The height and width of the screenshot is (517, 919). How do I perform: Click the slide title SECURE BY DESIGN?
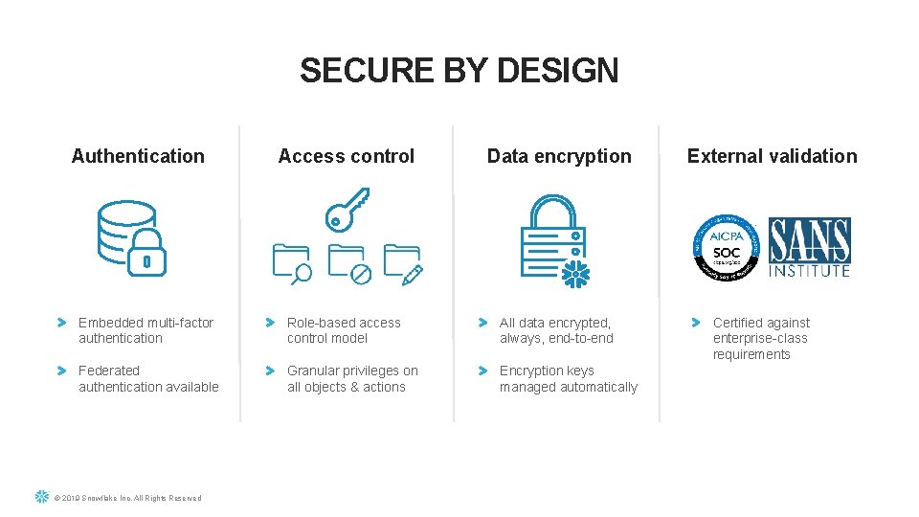[x=459, y=71]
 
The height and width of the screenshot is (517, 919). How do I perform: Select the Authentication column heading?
[x=138, y=156]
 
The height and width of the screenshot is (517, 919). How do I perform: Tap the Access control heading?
[x=346, y=156]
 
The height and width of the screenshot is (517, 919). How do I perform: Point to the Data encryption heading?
[x=559, y=156]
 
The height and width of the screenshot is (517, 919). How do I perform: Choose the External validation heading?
[x=772, y=156]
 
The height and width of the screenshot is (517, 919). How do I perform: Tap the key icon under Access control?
[x=346, y=209]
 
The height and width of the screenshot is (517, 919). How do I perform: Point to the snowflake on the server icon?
[x=574, y=274]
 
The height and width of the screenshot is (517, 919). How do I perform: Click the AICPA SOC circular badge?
[x=726, y=247]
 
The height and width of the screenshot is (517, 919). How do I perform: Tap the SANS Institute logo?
[x=810, y=247]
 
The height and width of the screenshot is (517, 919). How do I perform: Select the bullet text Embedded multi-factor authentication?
[x=146, y=330]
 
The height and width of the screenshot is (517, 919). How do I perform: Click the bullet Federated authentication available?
[x=148, y=378]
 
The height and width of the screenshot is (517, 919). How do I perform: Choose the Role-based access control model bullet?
[x=344, y=330]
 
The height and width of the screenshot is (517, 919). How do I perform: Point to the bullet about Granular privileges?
[x=352, y=378]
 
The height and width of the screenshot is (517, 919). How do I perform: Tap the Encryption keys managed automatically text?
[x=568, y=378]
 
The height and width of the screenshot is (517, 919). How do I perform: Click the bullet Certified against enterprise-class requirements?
[x=761, y=338]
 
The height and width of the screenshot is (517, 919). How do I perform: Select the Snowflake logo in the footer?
[x=41, y=497]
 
